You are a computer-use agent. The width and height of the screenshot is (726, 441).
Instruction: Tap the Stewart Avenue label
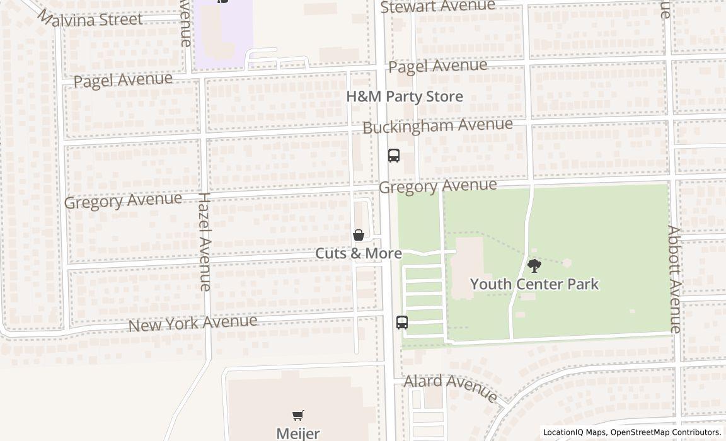437,6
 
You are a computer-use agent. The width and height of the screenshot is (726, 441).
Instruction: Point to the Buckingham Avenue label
437,125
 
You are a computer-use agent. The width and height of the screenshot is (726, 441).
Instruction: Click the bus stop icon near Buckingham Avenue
394,155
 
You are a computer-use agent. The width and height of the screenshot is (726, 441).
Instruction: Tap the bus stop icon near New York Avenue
402,322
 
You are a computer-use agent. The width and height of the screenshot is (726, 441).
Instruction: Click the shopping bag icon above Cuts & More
359,236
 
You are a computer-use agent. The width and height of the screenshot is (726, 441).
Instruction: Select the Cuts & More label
359,253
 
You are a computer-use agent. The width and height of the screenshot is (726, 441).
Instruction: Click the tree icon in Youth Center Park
534,266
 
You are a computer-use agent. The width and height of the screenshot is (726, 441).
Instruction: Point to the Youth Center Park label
534,284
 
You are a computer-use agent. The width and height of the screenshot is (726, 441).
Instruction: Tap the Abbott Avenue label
674,279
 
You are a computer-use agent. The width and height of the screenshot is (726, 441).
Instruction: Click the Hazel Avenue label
205,242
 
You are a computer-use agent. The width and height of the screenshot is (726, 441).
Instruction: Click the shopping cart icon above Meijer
298,415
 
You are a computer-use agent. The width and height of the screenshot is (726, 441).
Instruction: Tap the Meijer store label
298,433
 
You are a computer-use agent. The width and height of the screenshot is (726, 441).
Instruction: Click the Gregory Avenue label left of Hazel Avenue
123,200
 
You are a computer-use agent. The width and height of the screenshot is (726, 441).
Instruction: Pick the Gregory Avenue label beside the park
437,186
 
